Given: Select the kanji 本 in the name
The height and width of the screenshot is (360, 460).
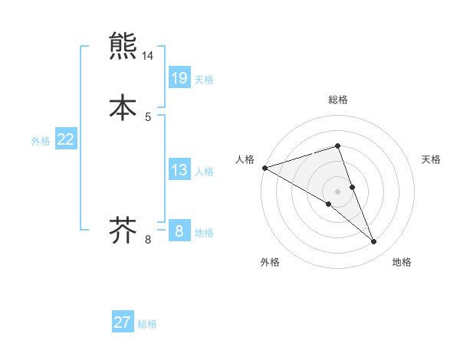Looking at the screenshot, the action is point(123,106).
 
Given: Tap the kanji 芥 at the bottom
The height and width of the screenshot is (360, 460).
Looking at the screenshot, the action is point(123,229).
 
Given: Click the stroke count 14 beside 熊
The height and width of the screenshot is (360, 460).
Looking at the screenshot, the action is point(148,56).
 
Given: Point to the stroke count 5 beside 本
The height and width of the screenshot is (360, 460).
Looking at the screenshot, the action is point(148,116).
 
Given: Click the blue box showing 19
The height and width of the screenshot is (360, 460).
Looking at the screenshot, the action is point(179,77).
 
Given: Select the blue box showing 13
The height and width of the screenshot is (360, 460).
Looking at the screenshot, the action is point(179,170).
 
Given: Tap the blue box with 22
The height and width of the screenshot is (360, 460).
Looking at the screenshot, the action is point(66,139).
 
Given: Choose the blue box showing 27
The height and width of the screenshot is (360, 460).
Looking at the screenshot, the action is point(123,322).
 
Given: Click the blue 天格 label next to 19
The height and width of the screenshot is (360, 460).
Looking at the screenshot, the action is point(204,80).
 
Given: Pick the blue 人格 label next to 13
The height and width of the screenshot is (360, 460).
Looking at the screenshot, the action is point(204,172).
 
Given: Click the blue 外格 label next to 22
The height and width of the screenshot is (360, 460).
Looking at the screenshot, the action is point(41,141).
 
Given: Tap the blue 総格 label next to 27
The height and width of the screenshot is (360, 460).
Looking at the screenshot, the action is point(147,324).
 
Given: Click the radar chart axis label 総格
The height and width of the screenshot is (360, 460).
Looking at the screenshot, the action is point(338,100).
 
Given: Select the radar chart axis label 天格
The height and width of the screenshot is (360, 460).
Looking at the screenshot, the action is point(432,159).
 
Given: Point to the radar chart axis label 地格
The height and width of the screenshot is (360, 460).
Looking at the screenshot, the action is point(402,262).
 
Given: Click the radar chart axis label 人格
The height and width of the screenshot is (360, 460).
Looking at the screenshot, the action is point(245,159).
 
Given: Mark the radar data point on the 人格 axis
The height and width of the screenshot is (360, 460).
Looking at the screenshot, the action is point(264,168).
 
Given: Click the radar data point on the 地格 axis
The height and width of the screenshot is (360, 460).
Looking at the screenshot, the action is point(374,242).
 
